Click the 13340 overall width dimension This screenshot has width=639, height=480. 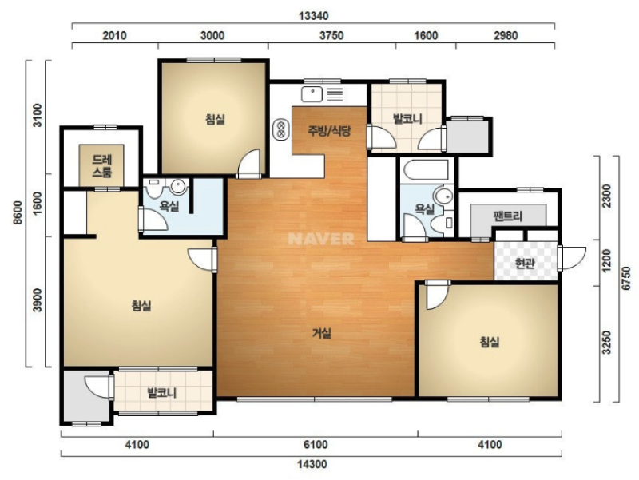tap(313, 16)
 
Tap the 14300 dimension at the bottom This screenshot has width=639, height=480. tap(312, 464)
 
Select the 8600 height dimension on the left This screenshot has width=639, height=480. tap(17, 213)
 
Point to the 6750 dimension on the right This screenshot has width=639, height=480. tap(626, 278)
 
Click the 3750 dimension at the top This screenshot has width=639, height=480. tap(331, 35)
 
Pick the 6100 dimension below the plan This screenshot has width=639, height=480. tap(316, 444)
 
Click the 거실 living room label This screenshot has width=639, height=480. tap(322, 333)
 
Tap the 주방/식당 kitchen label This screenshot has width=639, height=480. tap(329, 131)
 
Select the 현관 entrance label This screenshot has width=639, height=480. tap(525, 264)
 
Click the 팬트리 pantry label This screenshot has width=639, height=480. tap(507, 216)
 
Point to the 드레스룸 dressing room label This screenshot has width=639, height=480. tap(102, 165)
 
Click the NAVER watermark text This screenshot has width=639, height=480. tap(321, 239)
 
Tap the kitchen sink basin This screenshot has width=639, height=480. tap(312, 94)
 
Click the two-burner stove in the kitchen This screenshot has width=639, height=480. tap(280, 129)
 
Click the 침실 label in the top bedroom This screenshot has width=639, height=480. tap(215, 119)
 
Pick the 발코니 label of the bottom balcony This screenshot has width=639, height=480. tap(162, 393)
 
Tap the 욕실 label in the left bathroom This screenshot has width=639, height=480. tap(169, 206)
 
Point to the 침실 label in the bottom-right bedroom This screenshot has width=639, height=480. tap(490, 342)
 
